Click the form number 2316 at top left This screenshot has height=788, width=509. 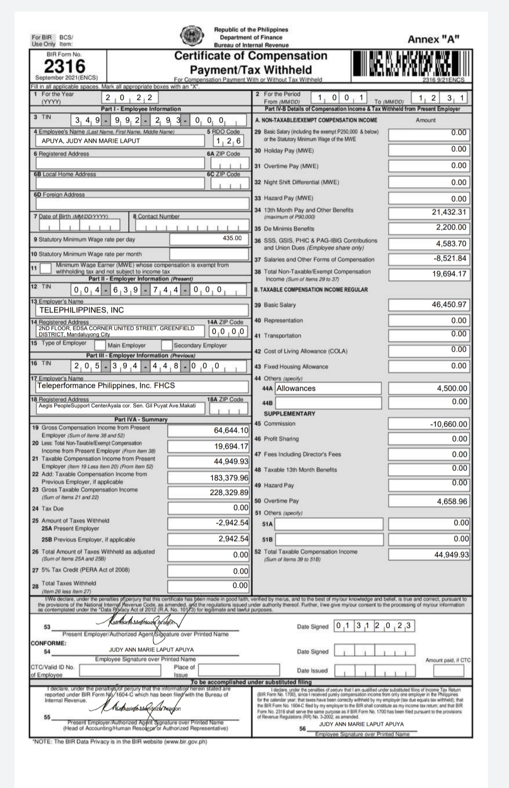point(65,66)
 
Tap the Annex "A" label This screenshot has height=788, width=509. point(434,39)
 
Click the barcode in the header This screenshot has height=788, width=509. point(410,65)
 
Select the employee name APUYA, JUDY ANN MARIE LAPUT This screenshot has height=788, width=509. point(90,140)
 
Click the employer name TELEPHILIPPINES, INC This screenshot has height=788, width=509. point(82,310)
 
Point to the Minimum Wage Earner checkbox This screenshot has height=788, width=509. point(46,268)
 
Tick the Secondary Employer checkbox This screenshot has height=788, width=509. point(167,345)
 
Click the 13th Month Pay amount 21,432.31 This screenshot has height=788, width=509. point(449,212)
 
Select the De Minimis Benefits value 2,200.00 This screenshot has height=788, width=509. point(451,228)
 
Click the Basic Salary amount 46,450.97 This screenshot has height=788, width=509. point(449,305)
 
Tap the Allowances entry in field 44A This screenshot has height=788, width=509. point(296,388)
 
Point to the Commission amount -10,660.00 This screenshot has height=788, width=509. point(448,424)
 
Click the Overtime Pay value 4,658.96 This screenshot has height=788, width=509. point(452,501)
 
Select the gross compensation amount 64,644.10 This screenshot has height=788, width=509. point(231,430)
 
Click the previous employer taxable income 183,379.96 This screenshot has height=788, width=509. point(229,477)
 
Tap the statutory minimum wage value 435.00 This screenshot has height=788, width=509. point(232,238)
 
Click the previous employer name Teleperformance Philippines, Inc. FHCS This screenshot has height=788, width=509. point(106,386)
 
